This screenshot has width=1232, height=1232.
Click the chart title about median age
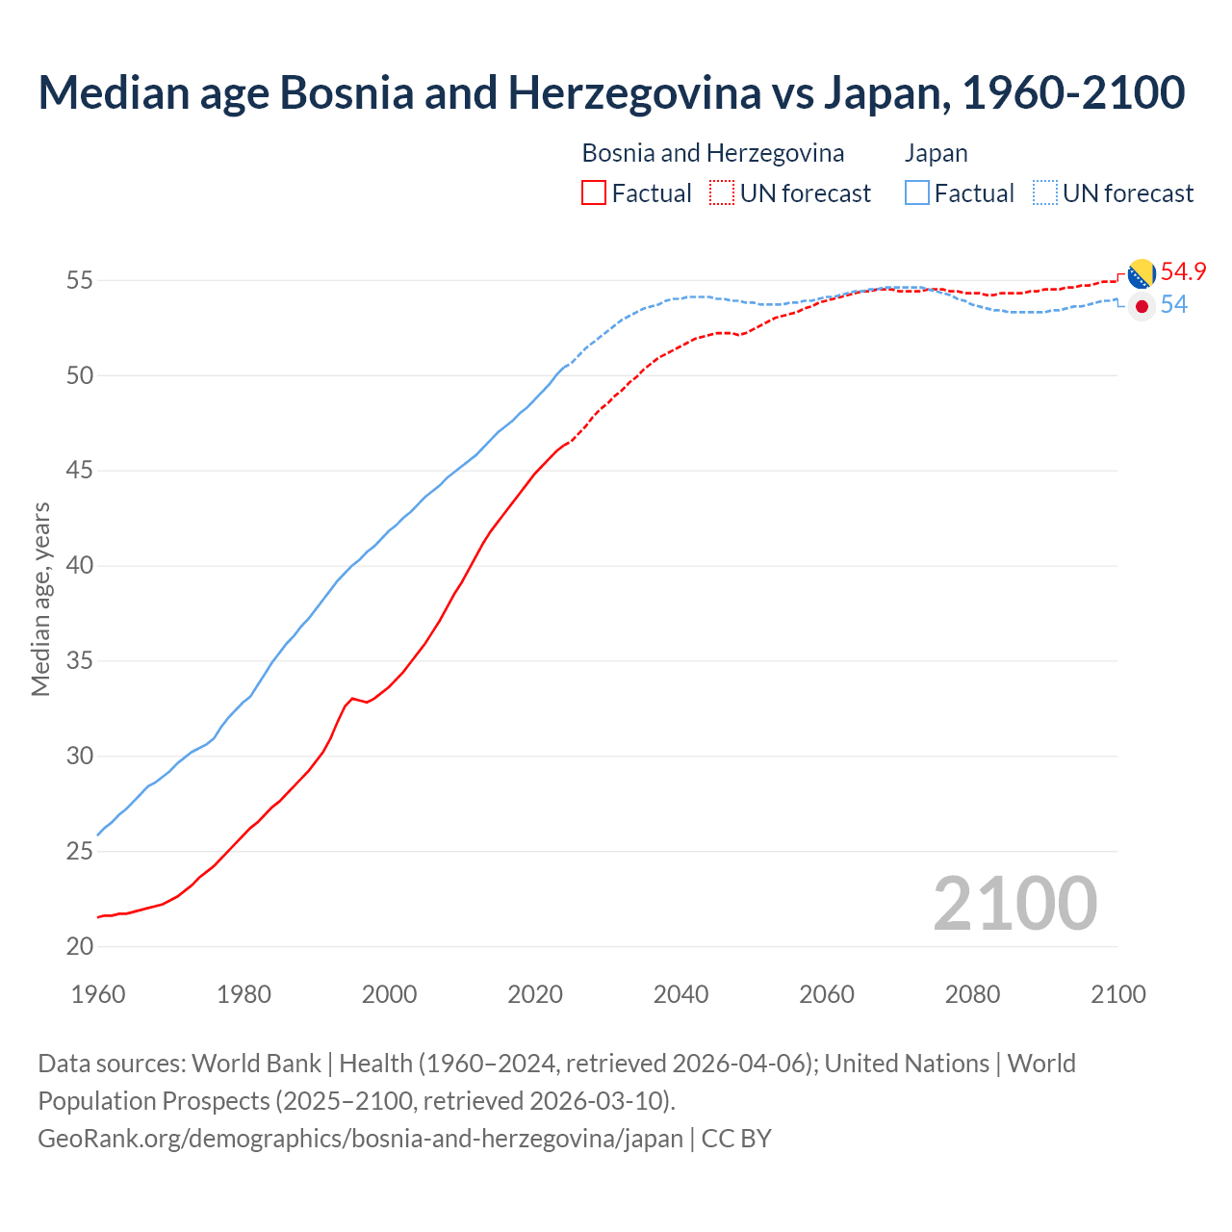(611, 92)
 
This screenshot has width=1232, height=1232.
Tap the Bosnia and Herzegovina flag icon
(1142, 273)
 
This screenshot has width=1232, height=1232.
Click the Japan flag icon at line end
(1142, 306)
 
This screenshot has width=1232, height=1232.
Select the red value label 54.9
(1183, 272)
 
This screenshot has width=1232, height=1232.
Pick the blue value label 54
(1173, 305)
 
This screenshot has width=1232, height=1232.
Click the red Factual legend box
(594, 193)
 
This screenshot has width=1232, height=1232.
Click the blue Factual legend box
(916, 193)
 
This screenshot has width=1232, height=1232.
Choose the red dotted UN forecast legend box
(722, 193)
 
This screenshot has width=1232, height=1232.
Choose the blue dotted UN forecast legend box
(1044, 193)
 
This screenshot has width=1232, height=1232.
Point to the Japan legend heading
(936, 153)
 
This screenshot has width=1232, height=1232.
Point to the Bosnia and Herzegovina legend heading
(712, 153)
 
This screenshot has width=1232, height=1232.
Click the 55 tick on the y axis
(80, 281)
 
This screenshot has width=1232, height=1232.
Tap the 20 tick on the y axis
(80, 947)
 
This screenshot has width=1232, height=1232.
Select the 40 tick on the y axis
(80, 566)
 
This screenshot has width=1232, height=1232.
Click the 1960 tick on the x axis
(98, 994)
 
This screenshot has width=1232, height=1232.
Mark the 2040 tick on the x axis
(680, 994)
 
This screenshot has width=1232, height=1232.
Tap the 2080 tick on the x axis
(972, 994)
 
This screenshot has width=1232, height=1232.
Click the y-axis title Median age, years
(40, 599)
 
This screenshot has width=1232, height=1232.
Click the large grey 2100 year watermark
(1014, 903)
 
